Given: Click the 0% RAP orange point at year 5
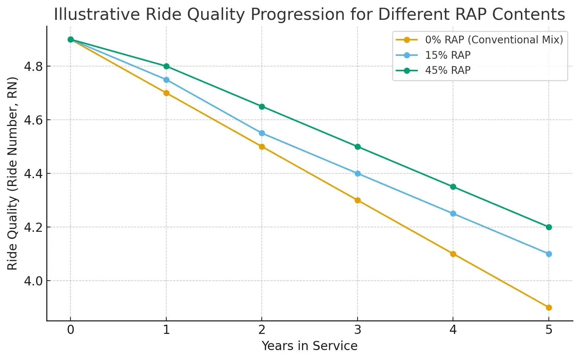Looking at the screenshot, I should coord(548,307).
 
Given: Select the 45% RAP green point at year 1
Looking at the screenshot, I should coord(166,66).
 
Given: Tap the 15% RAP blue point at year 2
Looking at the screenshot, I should coord(262,133).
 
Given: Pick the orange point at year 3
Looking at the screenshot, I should coord(358,200).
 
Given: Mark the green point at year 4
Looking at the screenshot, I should coord(453,187).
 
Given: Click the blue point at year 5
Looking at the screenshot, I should coord(548,254).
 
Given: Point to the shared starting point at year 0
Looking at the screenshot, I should coord(70,39).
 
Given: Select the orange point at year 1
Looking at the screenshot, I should coord(166,93).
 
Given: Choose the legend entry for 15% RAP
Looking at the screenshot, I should coord(447,55).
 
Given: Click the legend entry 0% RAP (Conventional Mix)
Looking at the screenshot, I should coord(494,40).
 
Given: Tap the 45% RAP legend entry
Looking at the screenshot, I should coord(447,70).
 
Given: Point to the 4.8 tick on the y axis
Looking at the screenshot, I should coord(33,66).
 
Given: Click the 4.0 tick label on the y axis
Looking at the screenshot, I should coord(33,281).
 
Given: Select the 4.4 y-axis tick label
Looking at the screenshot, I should coord(33,174).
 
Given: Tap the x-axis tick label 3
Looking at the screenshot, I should coord(358,330).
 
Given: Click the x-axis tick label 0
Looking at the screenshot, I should coord(70,330).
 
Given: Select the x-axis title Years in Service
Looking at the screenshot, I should coord(309,346).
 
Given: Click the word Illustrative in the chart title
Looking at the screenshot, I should coord(97,15).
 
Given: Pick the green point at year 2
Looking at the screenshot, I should coord(262,107).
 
